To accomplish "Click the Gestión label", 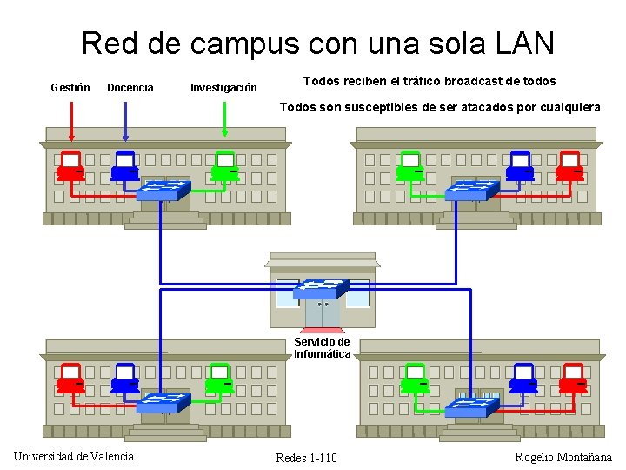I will point(70,87).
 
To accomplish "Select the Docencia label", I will point(130,87).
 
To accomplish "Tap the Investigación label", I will point(223,87).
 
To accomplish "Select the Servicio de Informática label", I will point(322,348).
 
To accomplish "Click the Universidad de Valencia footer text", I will point(74,456).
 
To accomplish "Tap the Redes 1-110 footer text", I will point(306,458).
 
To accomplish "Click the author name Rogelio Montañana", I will point(563,457).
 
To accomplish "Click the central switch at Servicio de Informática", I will point(321,289).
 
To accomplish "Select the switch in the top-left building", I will point(163,190).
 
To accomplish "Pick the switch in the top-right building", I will point(472,190).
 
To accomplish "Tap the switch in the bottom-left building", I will point(163,402).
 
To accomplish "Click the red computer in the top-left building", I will point(70,165).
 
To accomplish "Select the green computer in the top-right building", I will point(409,165).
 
